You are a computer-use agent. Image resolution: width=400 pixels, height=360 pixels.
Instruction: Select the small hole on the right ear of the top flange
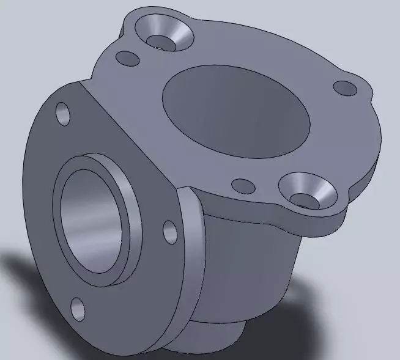tap(345, 88)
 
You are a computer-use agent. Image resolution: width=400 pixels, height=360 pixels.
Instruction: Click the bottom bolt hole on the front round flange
tap(78, 309)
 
